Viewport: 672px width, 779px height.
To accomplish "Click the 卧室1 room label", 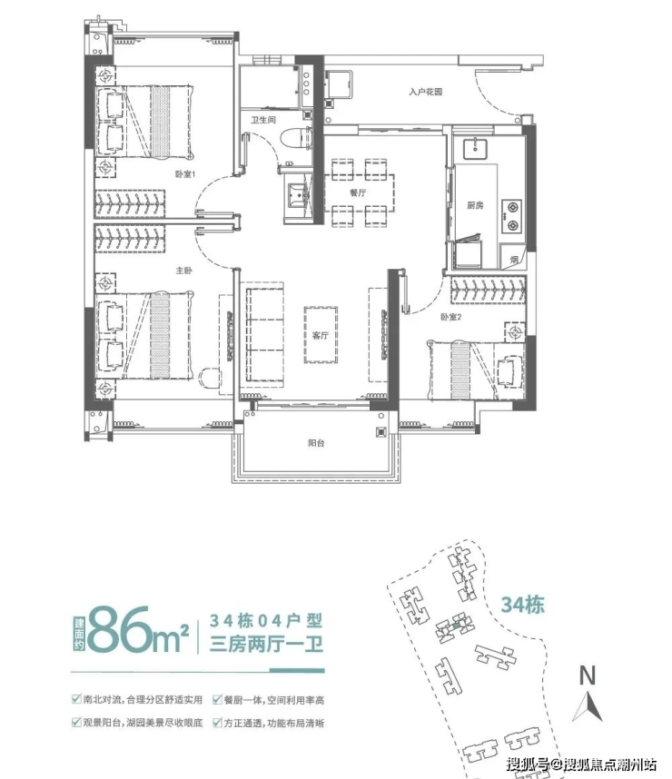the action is pos(185,174).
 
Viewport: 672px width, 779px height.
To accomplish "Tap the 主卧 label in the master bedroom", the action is pos(183,271).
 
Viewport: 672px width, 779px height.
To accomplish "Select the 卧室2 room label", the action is pos(450,317).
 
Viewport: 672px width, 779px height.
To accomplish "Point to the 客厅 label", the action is pos(321,335).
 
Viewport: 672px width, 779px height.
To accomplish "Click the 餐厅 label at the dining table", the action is pos(358,192).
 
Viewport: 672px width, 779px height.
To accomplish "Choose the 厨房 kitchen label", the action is pos(475,204).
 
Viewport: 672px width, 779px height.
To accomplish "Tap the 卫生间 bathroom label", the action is pos(263,120).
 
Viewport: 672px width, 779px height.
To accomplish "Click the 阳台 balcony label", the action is pos(316,443).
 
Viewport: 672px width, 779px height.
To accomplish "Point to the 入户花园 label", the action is pos(426,92).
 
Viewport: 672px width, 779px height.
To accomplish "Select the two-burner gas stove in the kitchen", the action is pos(511,216).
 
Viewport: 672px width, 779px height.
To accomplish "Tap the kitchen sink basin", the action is pos(476,147).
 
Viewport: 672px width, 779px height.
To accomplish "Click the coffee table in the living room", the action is pos(321,334).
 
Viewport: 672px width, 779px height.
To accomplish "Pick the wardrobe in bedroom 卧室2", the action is pos(488,290).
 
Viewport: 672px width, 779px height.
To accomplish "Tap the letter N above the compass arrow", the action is pos(587,675).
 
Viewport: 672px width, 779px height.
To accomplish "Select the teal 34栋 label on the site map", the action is pos(522,605).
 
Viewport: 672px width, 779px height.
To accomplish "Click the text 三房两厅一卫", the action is pos(266,644).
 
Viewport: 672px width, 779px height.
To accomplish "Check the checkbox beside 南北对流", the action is pos(76,699).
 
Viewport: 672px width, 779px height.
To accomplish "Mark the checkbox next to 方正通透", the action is pos(217,723).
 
